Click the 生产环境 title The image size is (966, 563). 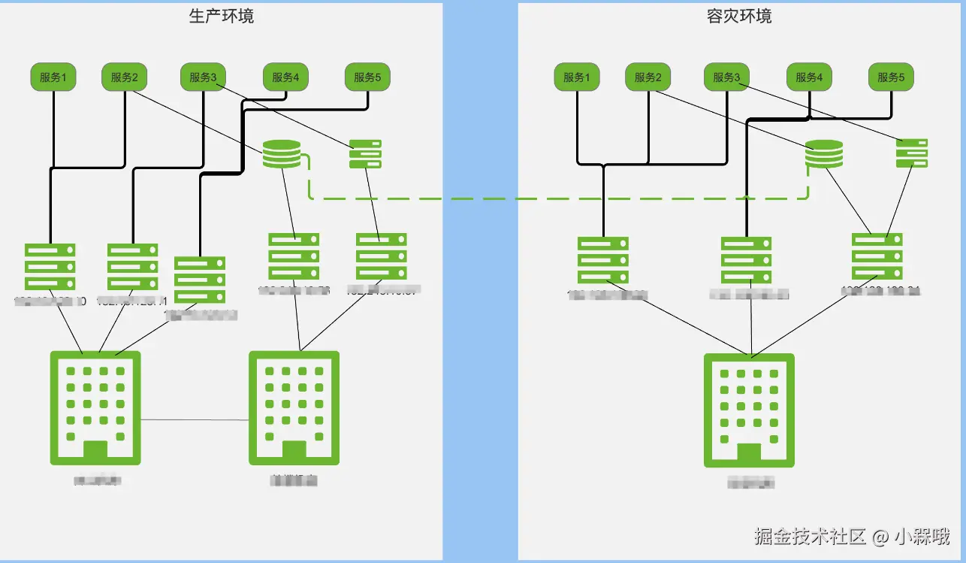click(x=222, y=16)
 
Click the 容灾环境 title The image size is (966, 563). click(x=739, y=16)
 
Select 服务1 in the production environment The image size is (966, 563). click(x=53, y=77)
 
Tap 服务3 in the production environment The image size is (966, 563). click(x=203, y=77)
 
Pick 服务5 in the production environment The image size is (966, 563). click(x=368, y=77)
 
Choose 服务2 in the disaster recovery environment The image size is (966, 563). click(x=648, y=77)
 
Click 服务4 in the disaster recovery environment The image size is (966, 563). click(x=810, y=77)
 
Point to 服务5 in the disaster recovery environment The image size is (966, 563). click(x=892, y=77)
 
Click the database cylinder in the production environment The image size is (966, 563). click(x=281, y=154)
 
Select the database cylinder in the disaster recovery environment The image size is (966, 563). click(x=824, y=154)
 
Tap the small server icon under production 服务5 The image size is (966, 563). click(x=366, y=153)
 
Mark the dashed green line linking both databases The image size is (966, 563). click(x=556, y=199)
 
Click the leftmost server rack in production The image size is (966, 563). click(x=50, y=266)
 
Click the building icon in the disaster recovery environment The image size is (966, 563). click(x=749, y=410)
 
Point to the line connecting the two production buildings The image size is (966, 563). click(x=195, y=419)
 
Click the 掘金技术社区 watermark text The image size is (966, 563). click(x=811, y=536)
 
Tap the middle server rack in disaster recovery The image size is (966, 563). click(x=747, y=260)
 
